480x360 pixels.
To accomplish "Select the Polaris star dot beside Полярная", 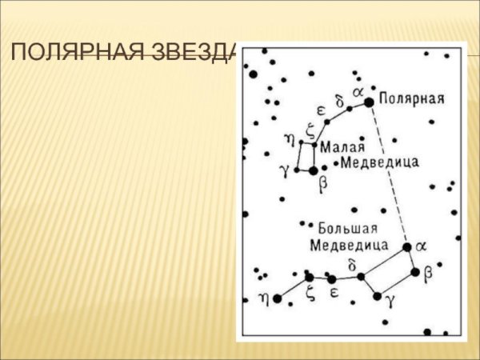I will coord(369,102).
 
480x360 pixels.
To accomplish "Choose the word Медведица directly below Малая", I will coord(379,163).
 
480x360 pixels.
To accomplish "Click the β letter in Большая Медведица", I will coord(427,274).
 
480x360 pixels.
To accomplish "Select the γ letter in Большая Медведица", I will coord(390,301).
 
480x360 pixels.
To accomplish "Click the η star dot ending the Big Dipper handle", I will coord(278,298).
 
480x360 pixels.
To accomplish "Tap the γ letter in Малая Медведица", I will coord(282,170).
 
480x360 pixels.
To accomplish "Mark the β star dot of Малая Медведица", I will coord(313,170).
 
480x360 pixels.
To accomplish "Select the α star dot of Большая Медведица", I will coord(407,247).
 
